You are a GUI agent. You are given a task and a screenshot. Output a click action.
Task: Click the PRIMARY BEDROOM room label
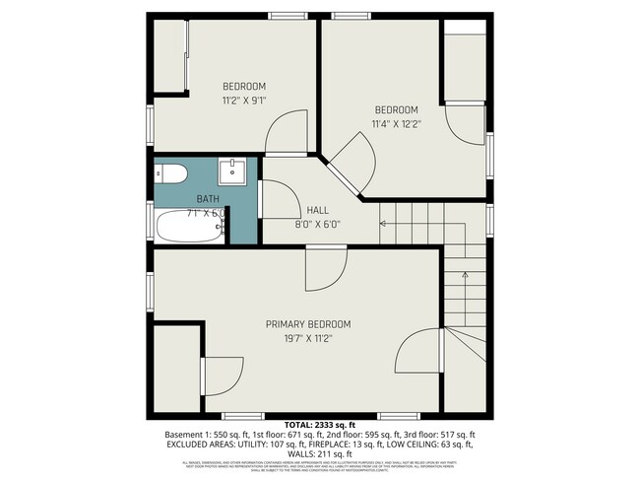point(307,324)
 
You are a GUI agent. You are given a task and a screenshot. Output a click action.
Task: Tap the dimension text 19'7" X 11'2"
point(307,338)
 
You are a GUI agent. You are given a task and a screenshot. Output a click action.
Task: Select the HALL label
point(317,210)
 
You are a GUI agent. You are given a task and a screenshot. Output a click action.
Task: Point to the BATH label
point(207,199)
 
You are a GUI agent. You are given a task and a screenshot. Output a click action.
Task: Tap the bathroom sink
point(233,172)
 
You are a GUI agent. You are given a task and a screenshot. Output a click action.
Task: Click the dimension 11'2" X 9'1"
point(243,100)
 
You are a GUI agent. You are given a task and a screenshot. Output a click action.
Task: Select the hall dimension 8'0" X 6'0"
point(317,224)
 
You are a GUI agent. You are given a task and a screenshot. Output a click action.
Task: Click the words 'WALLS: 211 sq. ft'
point(319,453)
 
